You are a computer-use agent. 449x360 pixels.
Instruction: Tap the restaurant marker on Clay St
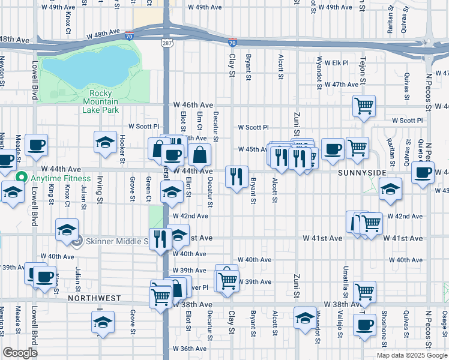236,176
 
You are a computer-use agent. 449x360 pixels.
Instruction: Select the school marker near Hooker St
105,142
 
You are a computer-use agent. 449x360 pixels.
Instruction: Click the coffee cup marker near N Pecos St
423,173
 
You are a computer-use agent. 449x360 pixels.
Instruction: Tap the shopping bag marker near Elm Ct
200,155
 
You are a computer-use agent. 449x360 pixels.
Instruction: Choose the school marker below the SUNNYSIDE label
390,188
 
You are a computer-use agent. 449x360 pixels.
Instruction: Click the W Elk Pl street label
337,62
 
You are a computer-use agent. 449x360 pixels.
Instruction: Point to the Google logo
20,353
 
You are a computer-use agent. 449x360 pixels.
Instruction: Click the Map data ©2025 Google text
412,355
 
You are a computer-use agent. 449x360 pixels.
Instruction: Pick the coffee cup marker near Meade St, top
36,145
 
